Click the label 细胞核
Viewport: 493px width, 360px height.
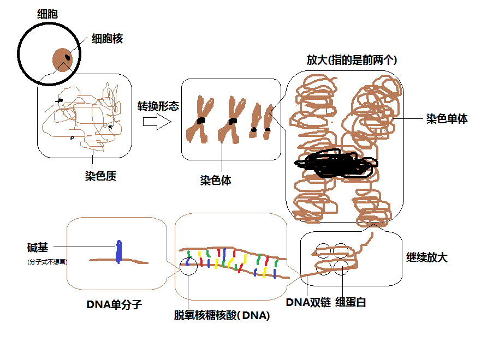107,39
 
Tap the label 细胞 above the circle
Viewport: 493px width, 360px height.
47,14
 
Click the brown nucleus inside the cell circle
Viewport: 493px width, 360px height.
63,59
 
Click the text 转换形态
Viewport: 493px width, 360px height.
158,106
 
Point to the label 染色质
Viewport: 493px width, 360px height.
100,176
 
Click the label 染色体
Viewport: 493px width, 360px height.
215,181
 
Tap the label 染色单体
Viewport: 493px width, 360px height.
447,118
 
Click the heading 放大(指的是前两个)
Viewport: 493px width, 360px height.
352,60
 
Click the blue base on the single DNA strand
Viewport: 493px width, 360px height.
118,251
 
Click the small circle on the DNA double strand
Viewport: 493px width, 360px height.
189,266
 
